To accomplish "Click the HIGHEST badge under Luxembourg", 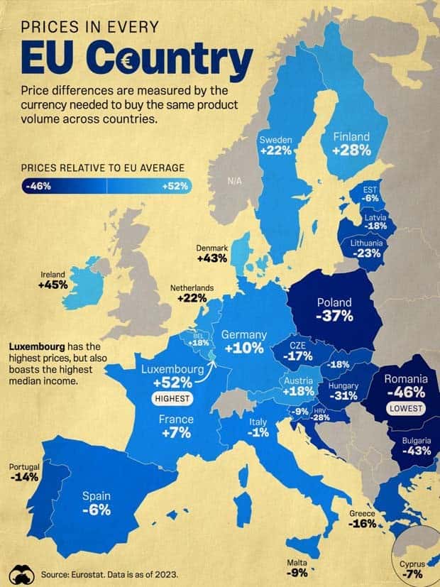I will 172,399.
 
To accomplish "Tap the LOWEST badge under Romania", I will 405,408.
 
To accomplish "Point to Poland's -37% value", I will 334,316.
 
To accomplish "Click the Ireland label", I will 53,274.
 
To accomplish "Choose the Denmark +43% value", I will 213,258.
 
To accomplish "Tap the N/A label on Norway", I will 235,181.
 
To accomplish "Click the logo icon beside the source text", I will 21,573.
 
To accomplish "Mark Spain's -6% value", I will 94,510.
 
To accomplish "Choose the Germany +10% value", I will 243,349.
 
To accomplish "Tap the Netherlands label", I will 192,288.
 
